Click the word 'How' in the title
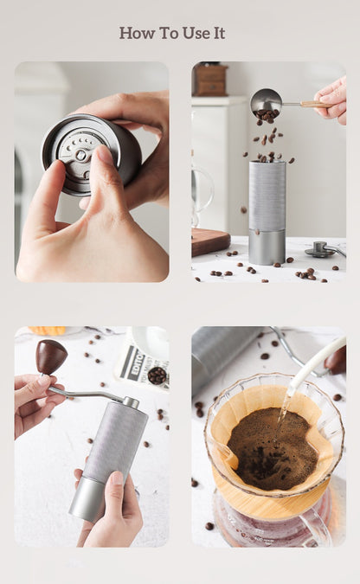point(136,33)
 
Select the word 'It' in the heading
point(218,33)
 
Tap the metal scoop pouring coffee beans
point(265,102)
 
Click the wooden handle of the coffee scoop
point(313,105)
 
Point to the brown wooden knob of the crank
point(51,356)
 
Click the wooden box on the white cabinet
point(209,80)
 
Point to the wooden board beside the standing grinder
point(209,241)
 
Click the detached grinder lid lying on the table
point(321,249)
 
